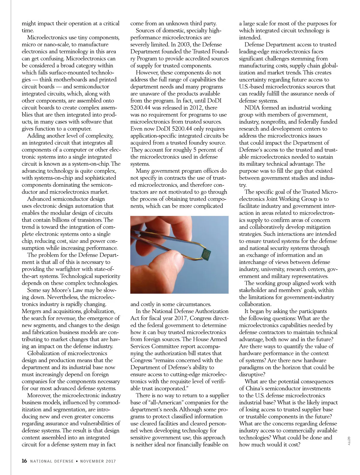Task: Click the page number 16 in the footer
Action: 24,461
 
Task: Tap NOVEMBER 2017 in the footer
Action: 98,461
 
